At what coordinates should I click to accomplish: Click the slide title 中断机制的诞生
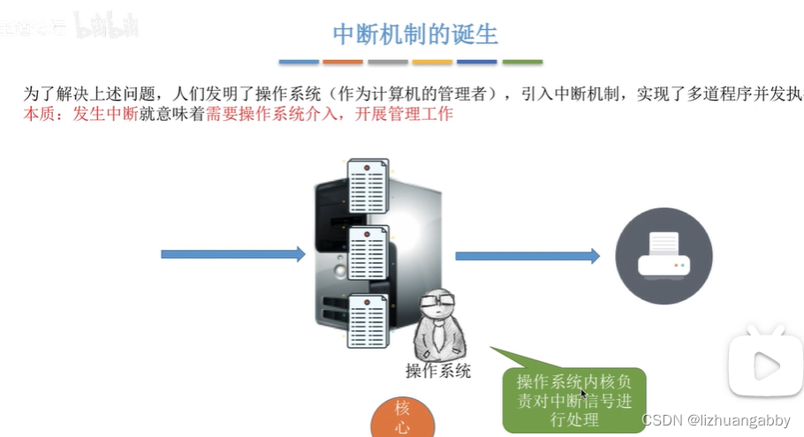point(414,34)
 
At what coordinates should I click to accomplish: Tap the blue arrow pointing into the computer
point(232,254)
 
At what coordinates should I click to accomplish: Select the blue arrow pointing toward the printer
point(527,255)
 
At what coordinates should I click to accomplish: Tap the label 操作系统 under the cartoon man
point(437,371)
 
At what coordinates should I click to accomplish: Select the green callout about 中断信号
point(574,399)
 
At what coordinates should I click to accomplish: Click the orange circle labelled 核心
point(403,418)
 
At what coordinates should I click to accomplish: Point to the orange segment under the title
point(343,62)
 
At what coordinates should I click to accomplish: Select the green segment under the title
point(522,62)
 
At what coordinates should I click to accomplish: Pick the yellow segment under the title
point(433,62)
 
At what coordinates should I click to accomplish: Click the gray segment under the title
point(388,62)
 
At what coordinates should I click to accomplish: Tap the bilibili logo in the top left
point(107,26)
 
